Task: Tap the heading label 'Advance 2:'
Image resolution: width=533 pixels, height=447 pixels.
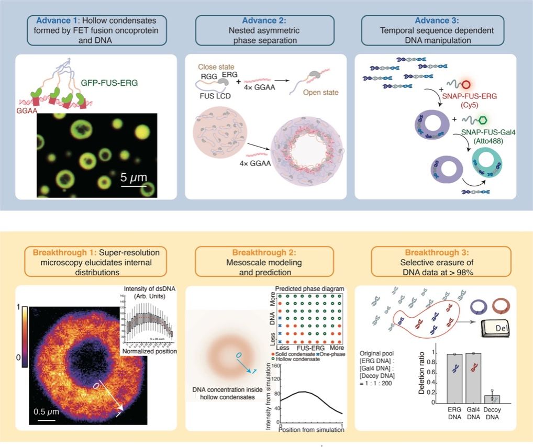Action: coord(265,21)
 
